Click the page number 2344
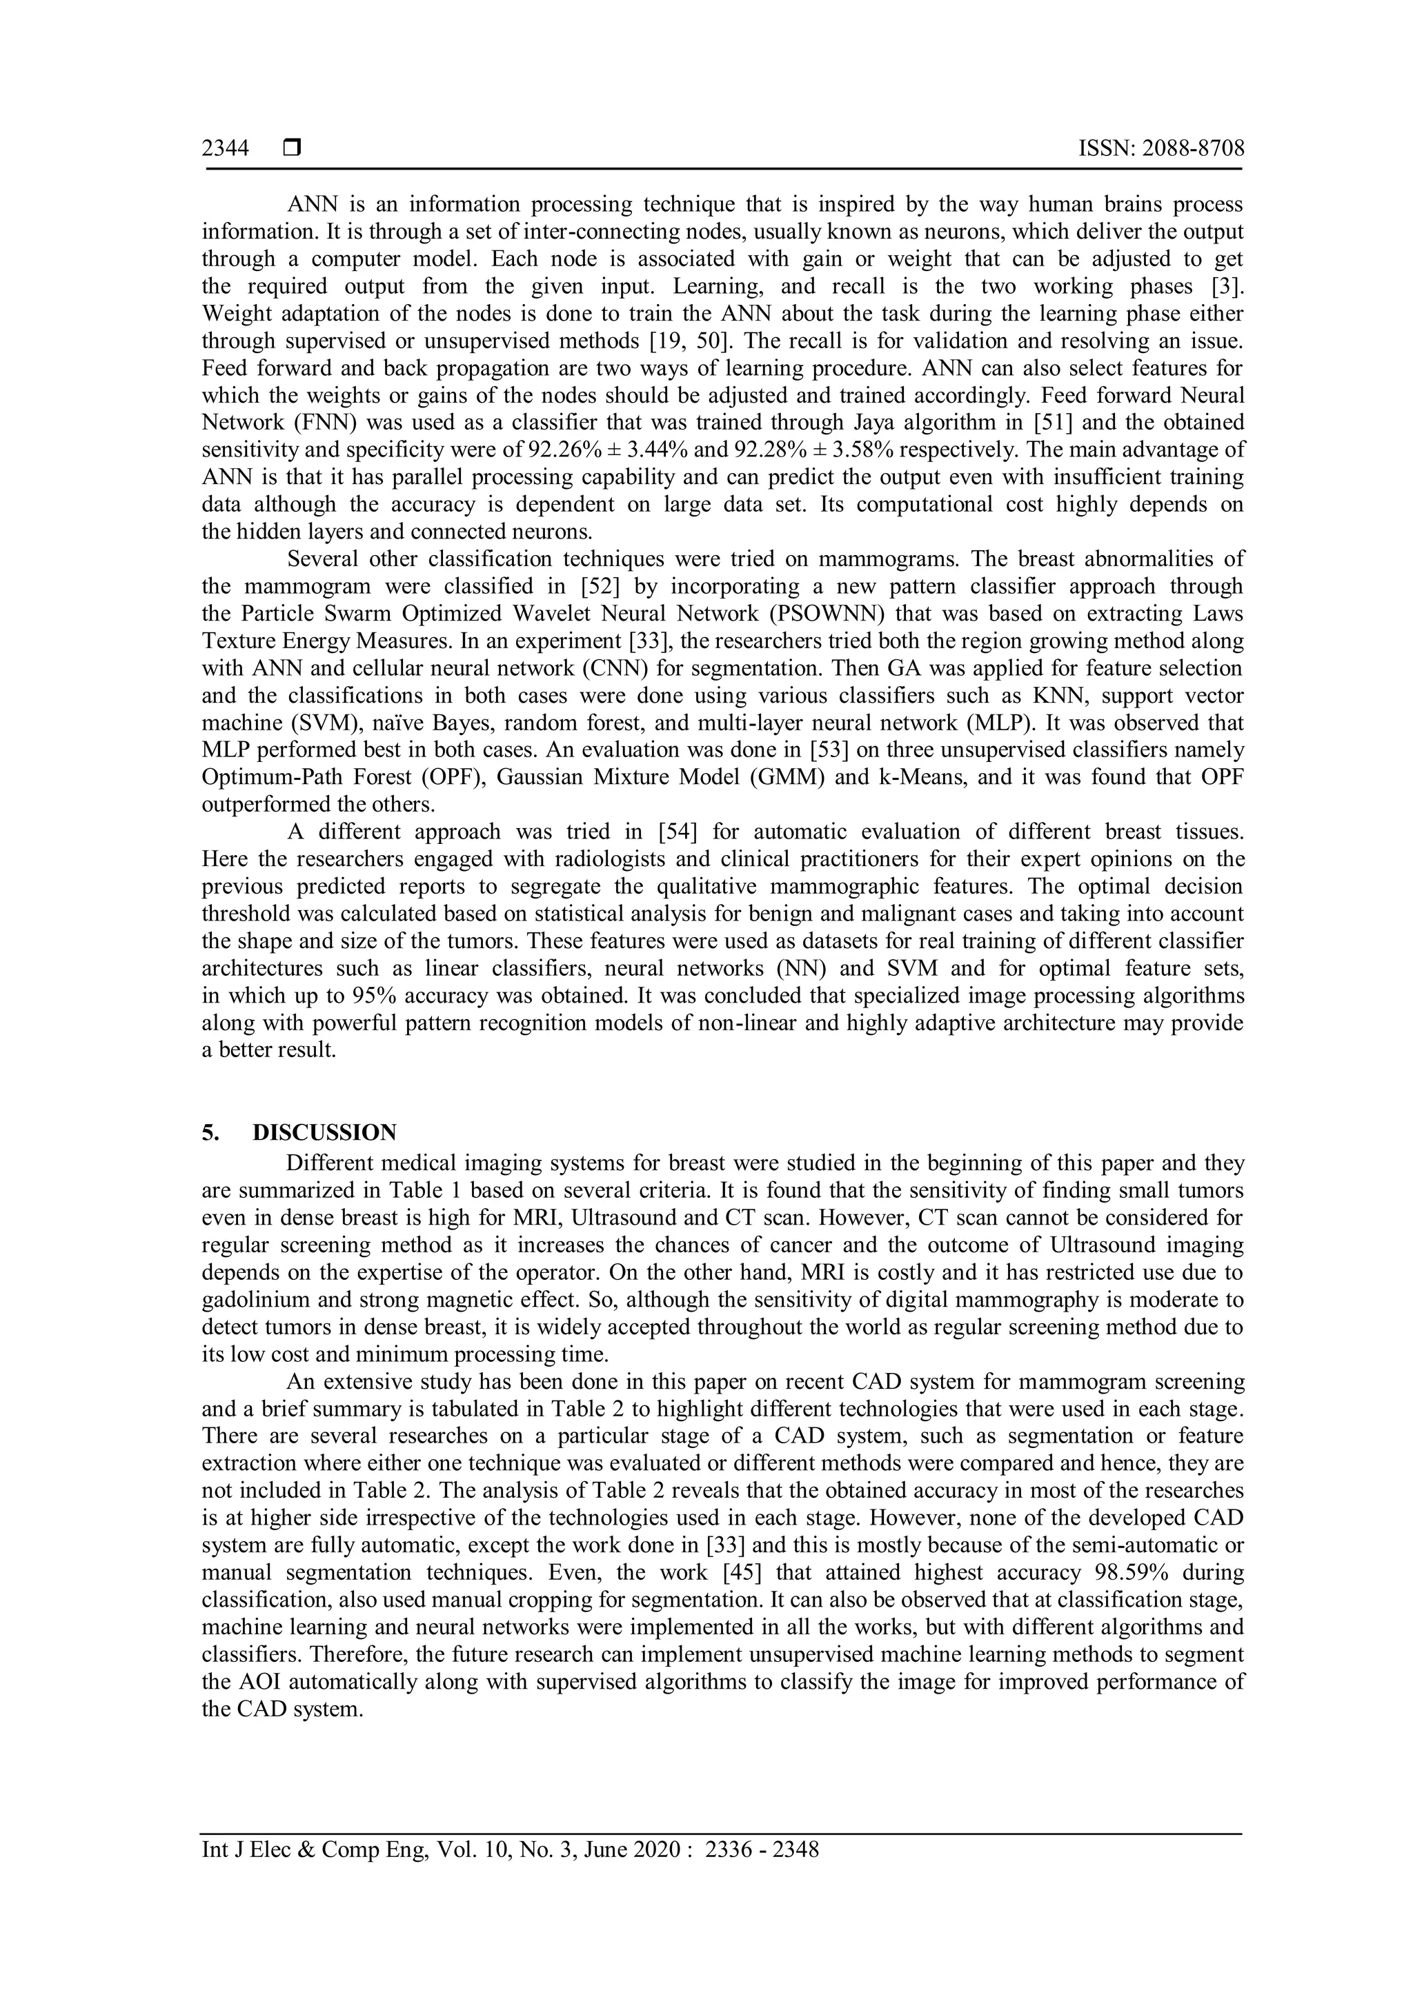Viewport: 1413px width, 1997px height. point(226,149)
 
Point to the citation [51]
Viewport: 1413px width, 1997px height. point(1029,423)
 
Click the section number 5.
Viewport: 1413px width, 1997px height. point(210,1132)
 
